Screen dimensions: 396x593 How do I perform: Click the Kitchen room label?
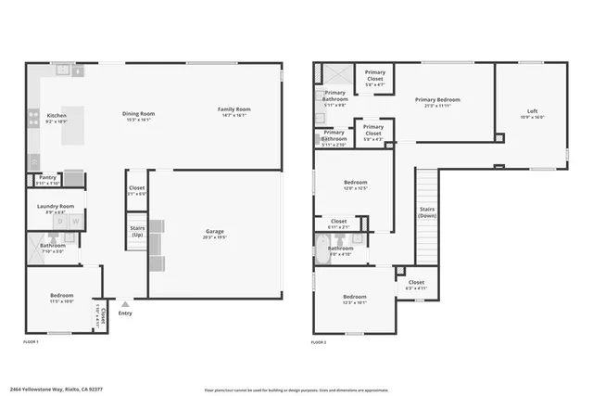click(56, 117)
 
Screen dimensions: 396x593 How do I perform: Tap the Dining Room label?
click(138, 114)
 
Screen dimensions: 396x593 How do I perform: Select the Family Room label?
click(233, 109)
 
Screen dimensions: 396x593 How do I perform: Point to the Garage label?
click(215, 232)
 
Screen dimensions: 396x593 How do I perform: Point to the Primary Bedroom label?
click(437, 99)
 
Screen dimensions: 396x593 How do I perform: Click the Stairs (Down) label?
click(427, 212)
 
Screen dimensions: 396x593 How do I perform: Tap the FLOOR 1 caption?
click(31, 342)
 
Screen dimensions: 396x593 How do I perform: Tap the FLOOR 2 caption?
click(319, 342)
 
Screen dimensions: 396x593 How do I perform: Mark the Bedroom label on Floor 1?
click(61, 297)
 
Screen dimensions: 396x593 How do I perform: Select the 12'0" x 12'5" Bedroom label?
click(356, 183)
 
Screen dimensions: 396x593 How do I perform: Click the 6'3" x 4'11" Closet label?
click(416, 283)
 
